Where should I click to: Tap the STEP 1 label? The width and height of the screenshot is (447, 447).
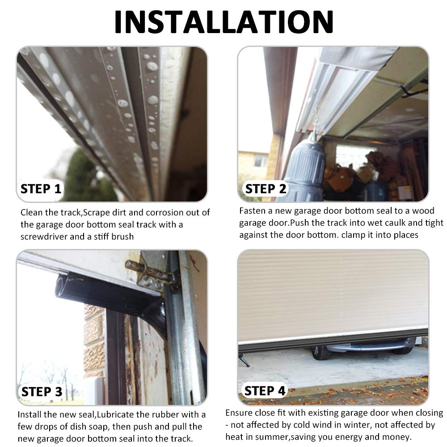pos(41,189)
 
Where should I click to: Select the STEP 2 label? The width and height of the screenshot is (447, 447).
pos(266,189)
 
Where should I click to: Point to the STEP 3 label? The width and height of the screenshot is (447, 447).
pos(42,392)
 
